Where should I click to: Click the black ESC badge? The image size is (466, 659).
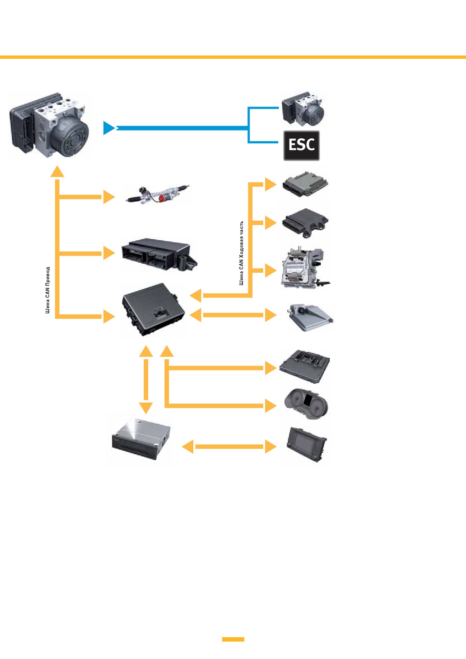click(301, 146)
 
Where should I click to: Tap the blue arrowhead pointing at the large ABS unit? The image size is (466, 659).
click(109, 128)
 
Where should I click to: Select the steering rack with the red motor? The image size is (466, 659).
click(158, 194)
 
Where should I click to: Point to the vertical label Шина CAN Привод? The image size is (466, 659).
click(48, 290)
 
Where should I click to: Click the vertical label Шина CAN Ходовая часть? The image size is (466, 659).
click(241, 253)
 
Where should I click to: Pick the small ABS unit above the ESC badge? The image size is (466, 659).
click(303, 109)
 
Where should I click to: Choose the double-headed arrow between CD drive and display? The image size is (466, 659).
click(229, 446)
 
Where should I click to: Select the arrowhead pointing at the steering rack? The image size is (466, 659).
click(109, 197)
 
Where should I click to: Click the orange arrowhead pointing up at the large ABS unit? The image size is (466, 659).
click(57, 171)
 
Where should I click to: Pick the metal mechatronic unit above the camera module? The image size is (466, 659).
click(305, 268)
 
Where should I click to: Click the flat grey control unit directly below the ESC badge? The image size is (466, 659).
click(305, 184)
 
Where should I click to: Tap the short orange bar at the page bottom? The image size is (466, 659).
click(233, 639)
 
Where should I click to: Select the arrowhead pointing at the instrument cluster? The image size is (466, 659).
click(271, 405)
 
